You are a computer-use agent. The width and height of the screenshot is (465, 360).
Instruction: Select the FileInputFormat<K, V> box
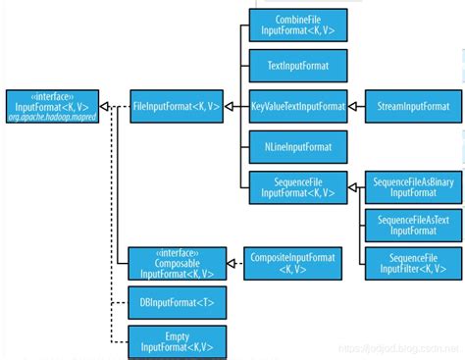pyautogui.click(x=178, y=104)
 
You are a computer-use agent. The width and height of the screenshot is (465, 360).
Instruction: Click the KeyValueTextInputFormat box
pyautogui.click(x=297, y=104)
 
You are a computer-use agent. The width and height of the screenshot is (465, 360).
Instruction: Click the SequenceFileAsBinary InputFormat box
pyautogui.click(x=407, y=186)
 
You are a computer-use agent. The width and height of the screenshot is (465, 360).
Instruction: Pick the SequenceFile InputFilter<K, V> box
pyautogui.click(x=407, y=262)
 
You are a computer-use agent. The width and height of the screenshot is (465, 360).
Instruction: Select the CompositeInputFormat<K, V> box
pyautogui.click(x=290, y=262)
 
